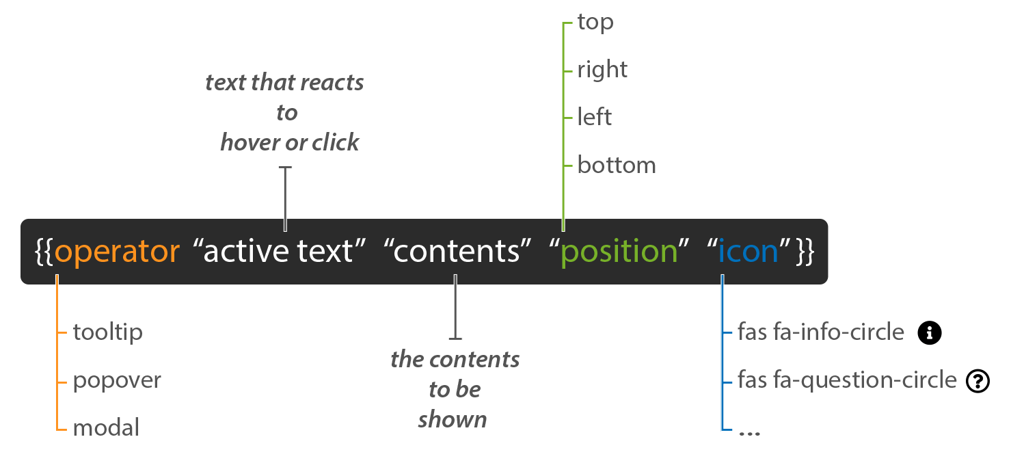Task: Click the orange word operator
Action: point(117,252)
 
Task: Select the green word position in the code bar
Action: point(619,252)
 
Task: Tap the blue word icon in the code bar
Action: point(748,252)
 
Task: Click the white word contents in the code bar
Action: point(457,252)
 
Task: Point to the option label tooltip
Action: point(108,332)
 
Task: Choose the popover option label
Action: point(117,380)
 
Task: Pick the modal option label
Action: point(106,428)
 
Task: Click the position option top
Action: point(595,23)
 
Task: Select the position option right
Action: point(602,70)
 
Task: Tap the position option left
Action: point(594,118)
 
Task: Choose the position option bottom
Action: point(617,166)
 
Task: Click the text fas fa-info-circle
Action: point(821,333)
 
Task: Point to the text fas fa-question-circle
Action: point(847,380)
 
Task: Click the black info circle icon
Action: point(930,333)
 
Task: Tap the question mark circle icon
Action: point(978,381)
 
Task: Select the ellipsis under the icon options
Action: point(750,432)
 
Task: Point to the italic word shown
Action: point(453,419)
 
